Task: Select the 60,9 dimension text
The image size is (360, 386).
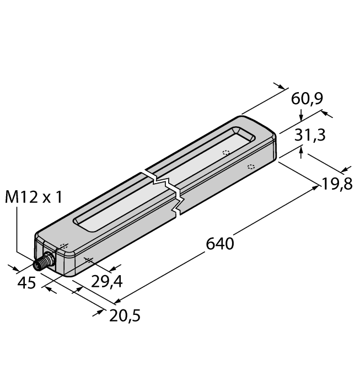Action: click(x=307, y=99)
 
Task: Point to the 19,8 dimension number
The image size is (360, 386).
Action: click(x=337, y=183)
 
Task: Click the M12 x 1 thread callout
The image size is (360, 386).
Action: click(x=33, y=197)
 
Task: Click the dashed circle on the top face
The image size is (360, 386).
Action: click(x=225, y=153)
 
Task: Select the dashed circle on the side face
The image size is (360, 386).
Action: click(x=251, y=167)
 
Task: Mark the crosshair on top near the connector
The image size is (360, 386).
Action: click(x=63, y=246)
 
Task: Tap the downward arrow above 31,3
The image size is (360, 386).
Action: click(x=300, y=117)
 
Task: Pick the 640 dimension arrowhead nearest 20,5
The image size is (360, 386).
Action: click(x=117, y=302)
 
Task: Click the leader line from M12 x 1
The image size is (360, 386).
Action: click(x=17, y=232)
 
